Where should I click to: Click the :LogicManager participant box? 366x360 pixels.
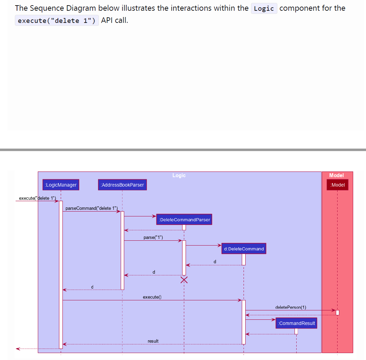61,185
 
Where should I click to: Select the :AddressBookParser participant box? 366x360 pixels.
122,185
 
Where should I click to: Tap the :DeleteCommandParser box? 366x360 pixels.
184,220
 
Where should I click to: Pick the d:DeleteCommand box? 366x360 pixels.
244,249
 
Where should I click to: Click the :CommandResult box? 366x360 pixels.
297,323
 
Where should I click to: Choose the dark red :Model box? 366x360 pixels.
338,185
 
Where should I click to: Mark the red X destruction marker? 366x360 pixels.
184,280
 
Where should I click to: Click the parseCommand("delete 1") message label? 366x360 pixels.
92,208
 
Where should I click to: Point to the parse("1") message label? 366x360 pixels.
153,238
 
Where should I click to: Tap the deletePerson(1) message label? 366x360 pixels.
291,307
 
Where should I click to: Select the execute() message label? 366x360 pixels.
152,297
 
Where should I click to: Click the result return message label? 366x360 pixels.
153,341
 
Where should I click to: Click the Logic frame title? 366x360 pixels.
179,175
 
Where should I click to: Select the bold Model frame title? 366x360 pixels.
337,175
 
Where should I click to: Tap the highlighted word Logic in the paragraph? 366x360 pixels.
264,8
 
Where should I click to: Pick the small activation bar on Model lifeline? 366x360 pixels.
338,312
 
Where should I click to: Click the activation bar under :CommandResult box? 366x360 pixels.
296,331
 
